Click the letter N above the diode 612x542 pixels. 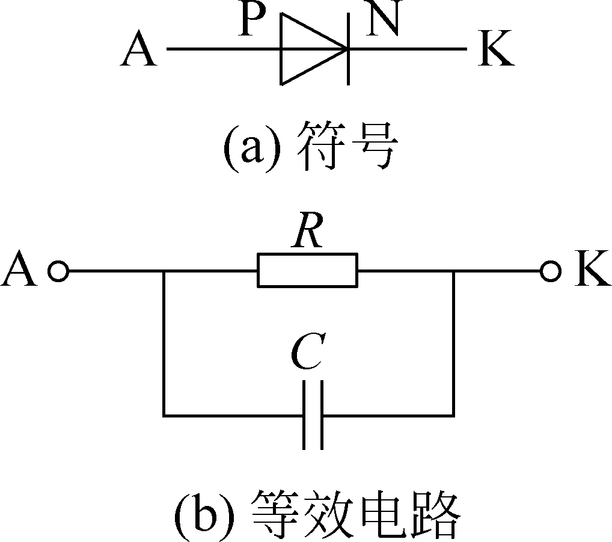tap(383, 22)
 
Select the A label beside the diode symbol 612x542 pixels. tap(138, 50)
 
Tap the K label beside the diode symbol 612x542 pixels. tap(496, 50)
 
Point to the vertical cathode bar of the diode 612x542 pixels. tap(349, 49)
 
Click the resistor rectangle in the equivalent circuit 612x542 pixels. tap(307, 271)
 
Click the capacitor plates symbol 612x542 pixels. tap(313, 414)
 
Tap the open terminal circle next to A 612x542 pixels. tap(58, 272)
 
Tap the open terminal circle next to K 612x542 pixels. tap(549, 272)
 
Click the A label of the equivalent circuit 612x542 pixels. tap(20, 272)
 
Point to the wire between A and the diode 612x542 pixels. tap(222, 49)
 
